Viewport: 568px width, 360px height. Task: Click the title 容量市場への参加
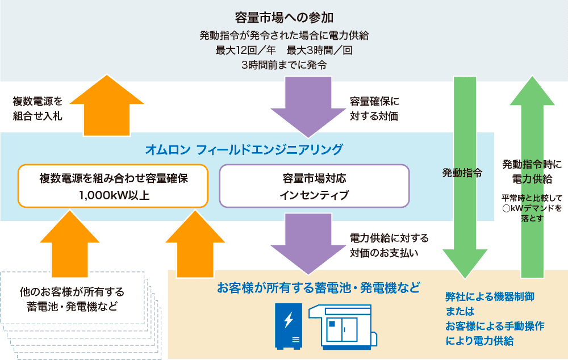point(284,17)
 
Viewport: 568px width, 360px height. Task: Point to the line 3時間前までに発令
point(284,65)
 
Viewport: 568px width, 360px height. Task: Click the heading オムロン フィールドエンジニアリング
point(244,149)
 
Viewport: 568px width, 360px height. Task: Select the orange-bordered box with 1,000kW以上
point(114,186)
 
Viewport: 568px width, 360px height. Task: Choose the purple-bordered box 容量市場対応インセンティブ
point(314,186)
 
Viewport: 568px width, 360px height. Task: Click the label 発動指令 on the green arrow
point(462,173)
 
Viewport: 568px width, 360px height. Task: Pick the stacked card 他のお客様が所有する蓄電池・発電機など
point(72,299)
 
